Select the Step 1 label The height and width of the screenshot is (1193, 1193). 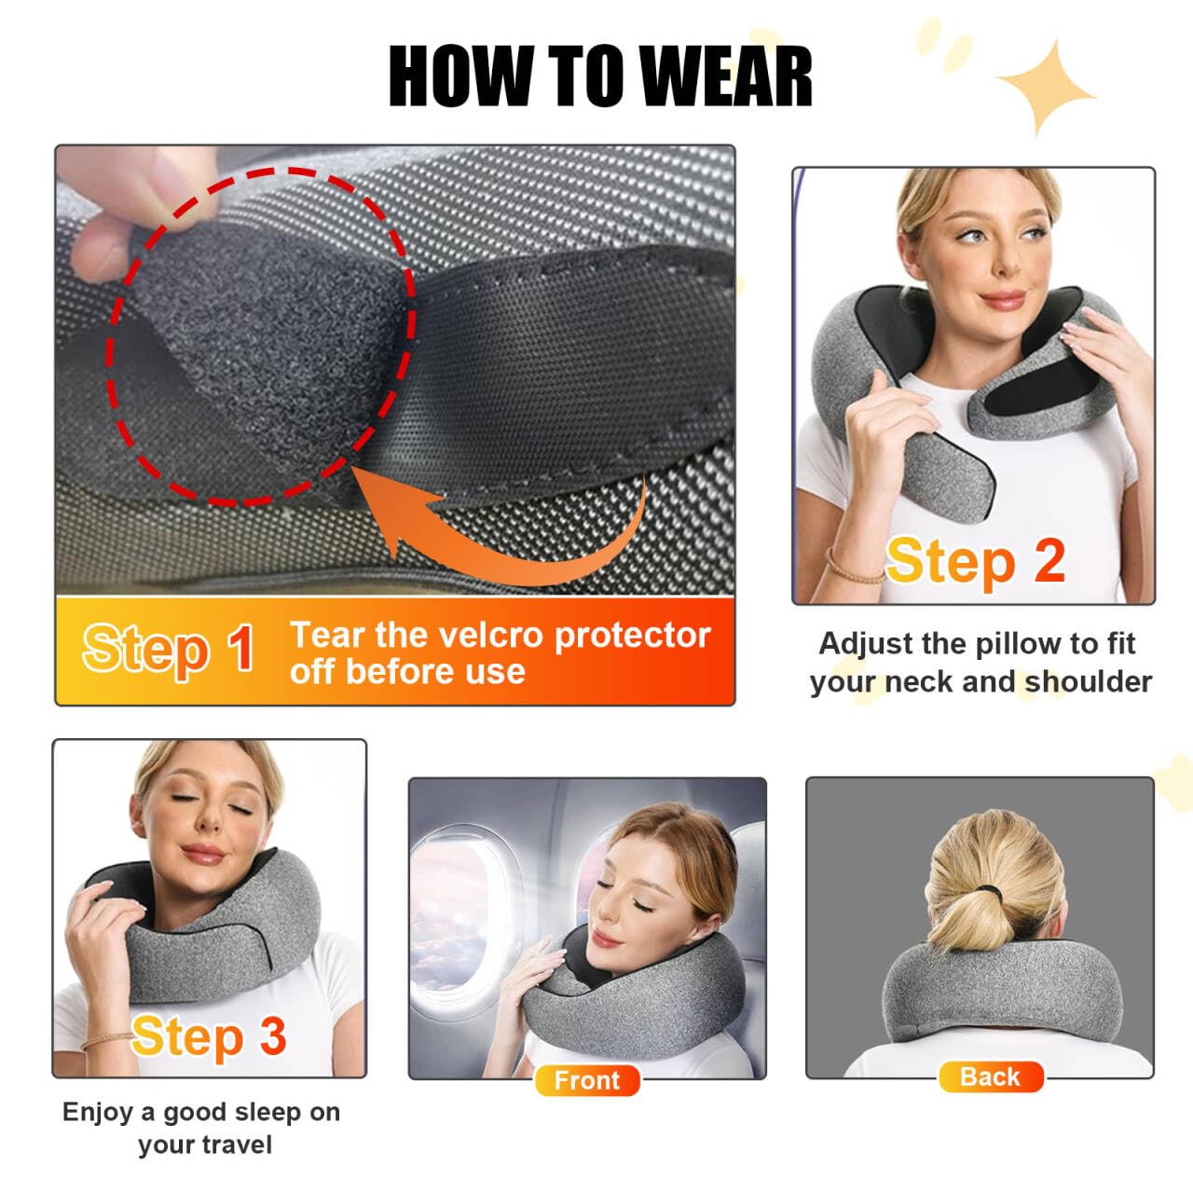pos(169,649)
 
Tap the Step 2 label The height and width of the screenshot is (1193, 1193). pos(975,561)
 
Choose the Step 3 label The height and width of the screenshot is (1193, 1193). pos(209,1036)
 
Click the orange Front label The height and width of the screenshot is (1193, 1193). pos(586,1080)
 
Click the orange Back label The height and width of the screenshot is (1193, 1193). pos(990,1077)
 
